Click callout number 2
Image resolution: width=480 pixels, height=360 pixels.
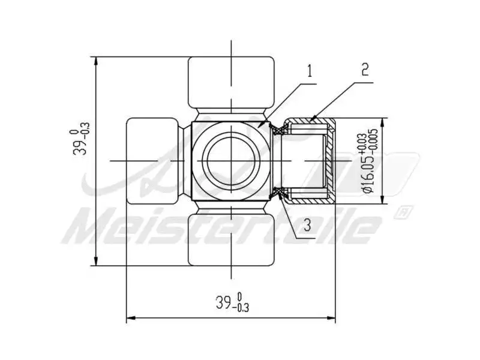pos(365,69)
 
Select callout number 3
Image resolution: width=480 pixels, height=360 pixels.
pos(307,226)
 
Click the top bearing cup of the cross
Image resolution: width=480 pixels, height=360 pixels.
pos(231,83)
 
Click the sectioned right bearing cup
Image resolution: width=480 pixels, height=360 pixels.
pos(309,161)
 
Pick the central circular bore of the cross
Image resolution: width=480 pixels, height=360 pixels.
pos(231,161)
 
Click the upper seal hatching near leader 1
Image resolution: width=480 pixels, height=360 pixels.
pos(277,127)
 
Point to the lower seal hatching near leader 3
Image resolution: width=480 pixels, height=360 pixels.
pos(277,193)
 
